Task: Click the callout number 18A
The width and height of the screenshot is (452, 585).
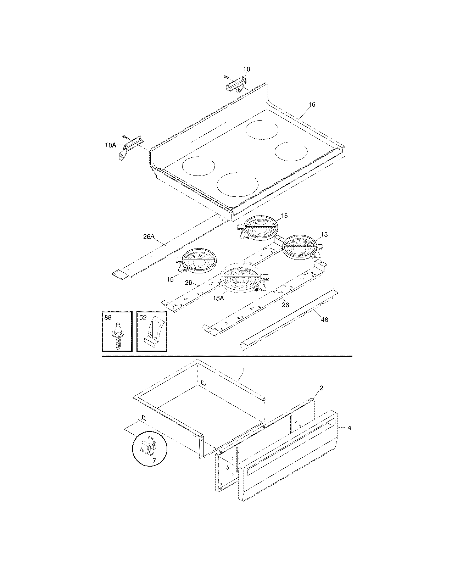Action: (110, 145)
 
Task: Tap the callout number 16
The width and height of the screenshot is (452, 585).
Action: (312, 105)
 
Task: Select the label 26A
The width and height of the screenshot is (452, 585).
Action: (149, 236)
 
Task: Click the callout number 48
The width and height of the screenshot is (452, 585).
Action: (324, 319)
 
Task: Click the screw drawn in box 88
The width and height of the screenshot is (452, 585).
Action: (117, 335)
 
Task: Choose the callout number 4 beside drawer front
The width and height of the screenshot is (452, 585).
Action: (349, 428)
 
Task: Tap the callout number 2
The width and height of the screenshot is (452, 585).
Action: (321, 388)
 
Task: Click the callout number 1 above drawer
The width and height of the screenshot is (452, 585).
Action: (244, 370)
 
